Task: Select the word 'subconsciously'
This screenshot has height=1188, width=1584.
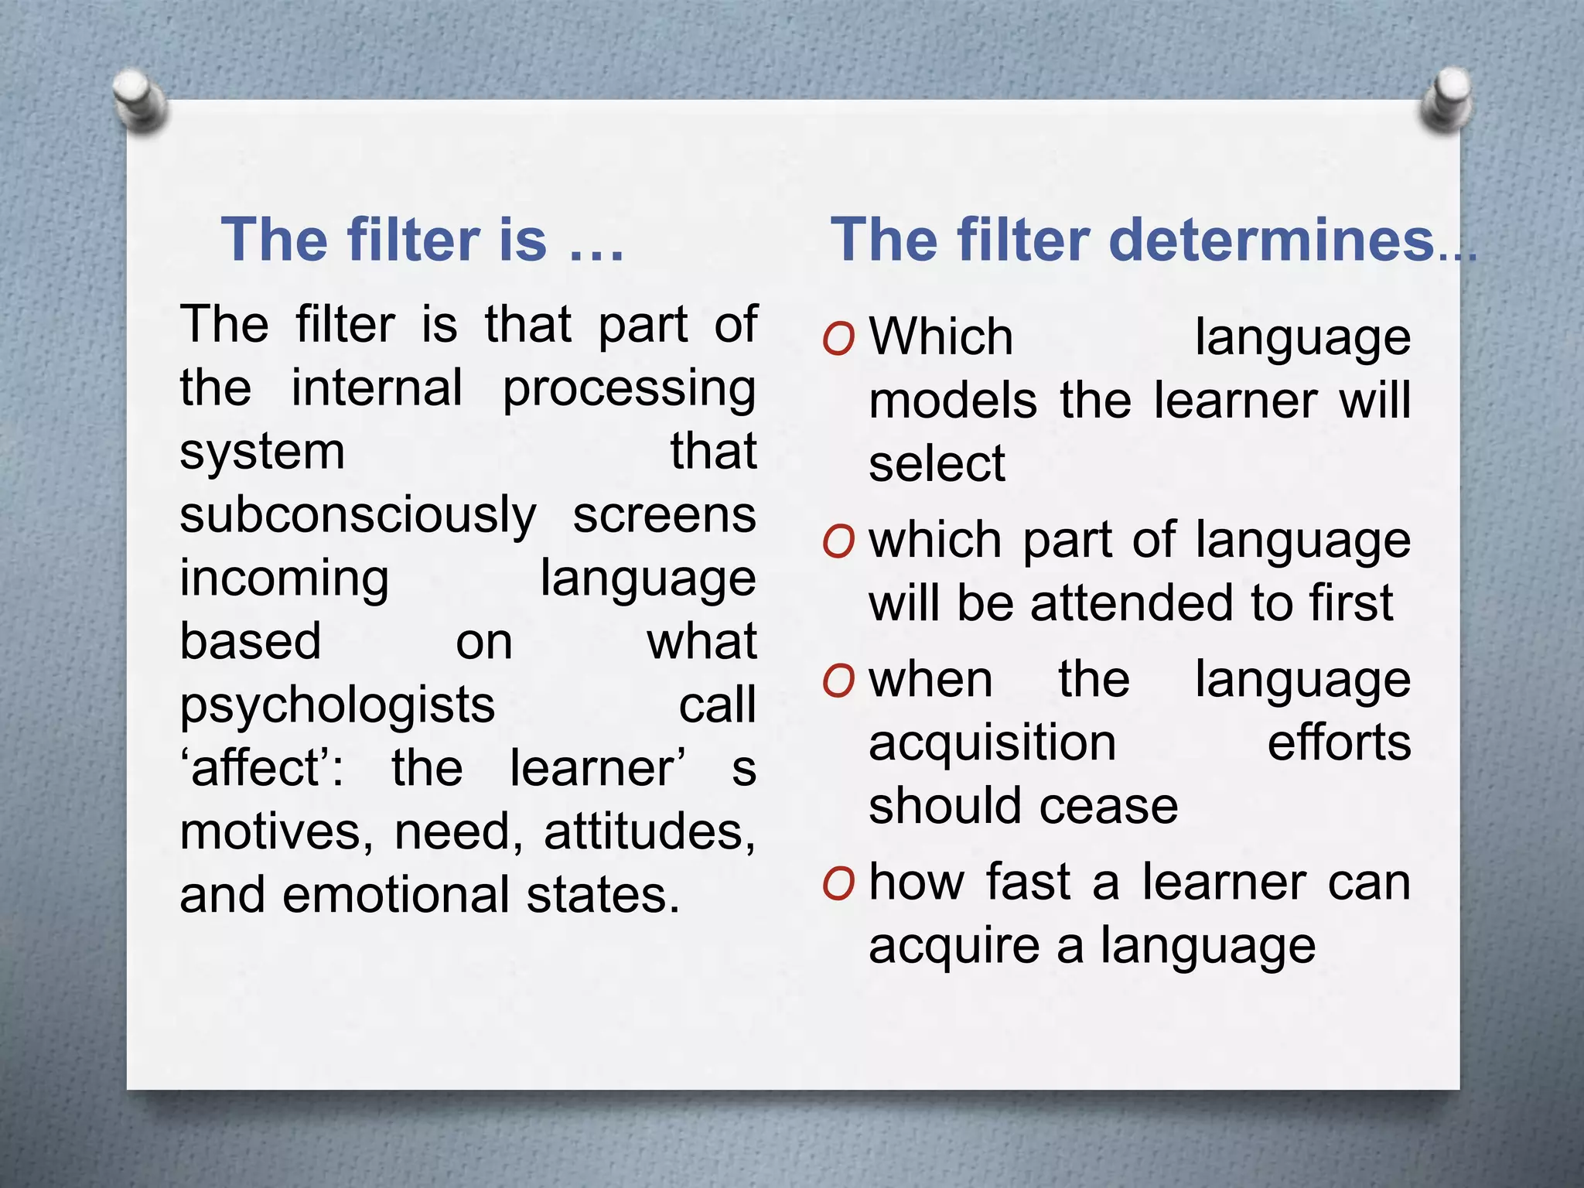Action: [358, 516]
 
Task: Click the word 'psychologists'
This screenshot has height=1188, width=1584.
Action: [337, 706]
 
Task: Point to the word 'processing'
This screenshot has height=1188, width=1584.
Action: [630, 389]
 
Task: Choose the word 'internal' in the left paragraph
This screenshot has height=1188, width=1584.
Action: [377, 387]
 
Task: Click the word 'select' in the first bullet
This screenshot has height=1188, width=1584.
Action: [937, 465]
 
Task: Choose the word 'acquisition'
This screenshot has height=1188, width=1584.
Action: [992, 744]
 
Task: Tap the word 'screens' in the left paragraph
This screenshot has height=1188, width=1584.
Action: [664, 516]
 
